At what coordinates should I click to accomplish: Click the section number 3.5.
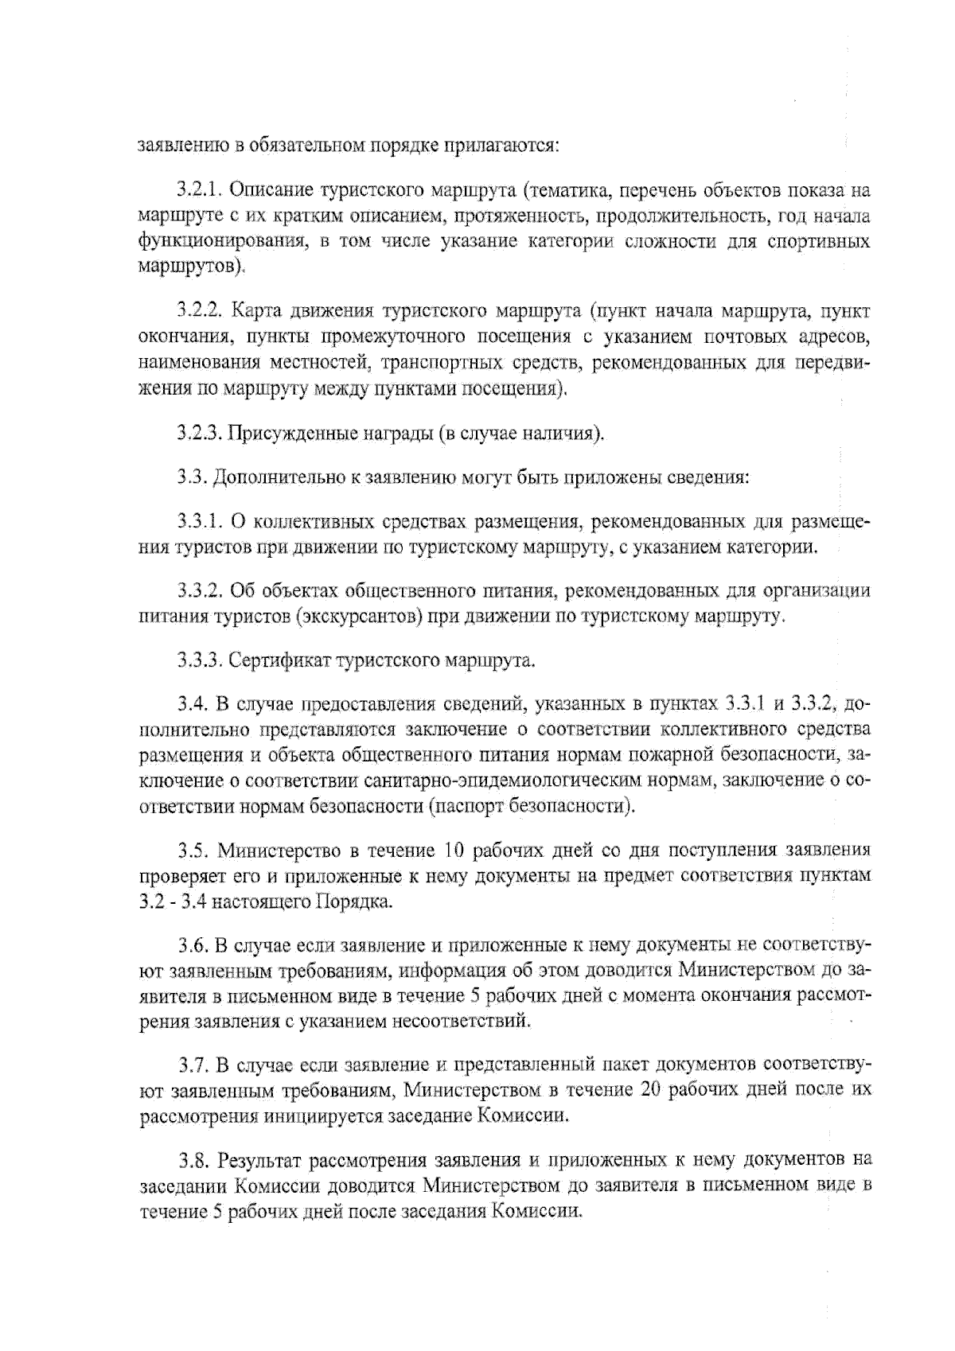[x=192, y=851]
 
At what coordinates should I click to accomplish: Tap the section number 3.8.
[x=192, y=1160]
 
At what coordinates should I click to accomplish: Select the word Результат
[x=258, y=1160]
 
